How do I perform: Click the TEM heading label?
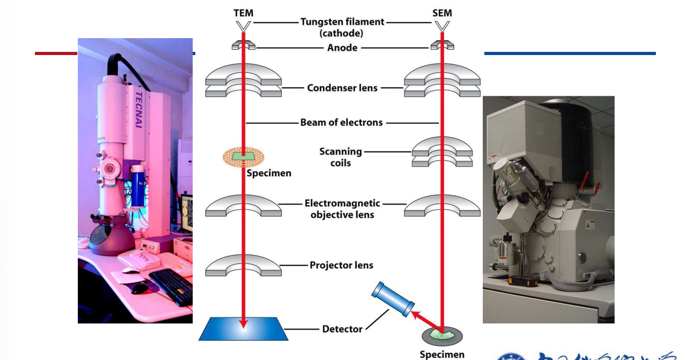[244, 12]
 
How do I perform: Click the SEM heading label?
[442, 12]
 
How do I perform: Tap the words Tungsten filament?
[342, 22]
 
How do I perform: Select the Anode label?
[342, 48]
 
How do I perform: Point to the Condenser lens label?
[342, 88]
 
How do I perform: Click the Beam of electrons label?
[341, 122]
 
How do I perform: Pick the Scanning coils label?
[340, 157]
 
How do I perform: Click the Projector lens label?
[341, 265]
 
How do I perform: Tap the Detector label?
[342, 329]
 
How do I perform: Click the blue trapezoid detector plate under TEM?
[244, 329]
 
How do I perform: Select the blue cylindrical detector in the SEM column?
[393, 299]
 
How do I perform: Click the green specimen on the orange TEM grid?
[243, 156]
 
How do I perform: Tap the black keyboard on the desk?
[171, 286]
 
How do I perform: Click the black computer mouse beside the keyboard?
[139, 289]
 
